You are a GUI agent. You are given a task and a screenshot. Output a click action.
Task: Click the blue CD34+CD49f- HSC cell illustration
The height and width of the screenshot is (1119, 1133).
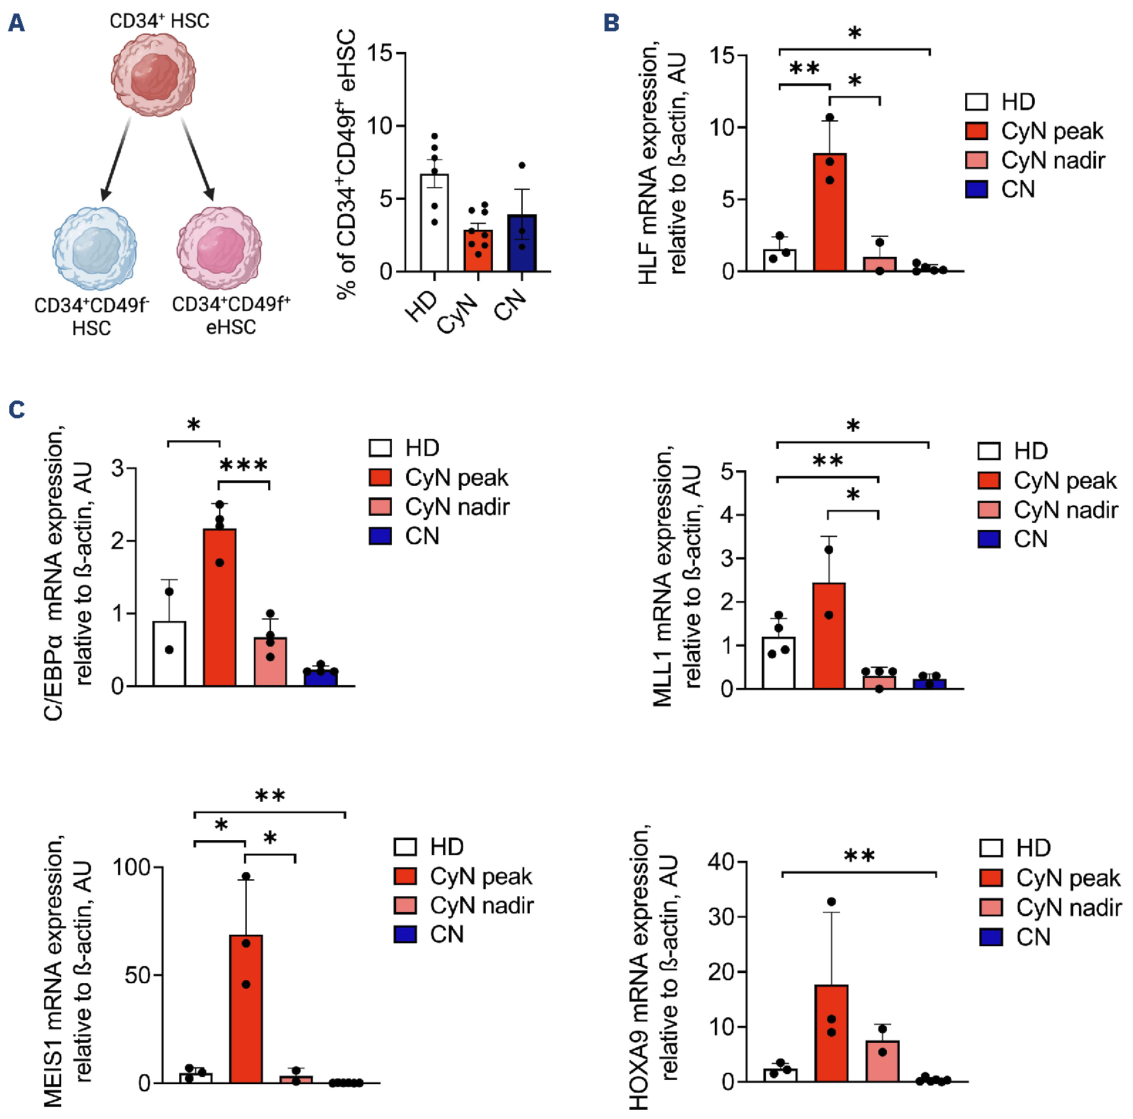[x=95, y=248]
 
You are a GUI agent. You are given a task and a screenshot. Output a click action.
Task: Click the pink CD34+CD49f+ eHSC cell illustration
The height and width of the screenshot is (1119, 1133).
[x=219, y=248]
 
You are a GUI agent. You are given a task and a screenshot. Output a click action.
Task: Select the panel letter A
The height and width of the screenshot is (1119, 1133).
[x=16, y=23]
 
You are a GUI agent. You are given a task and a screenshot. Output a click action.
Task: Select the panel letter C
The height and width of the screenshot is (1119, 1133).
[x=16, y=410]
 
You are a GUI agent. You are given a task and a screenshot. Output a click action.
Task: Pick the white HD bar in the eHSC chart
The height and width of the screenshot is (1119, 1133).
[x=435, y=223]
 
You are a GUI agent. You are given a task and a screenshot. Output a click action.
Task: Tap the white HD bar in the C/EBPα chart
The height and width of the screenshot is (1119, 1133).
[x=169, y=654]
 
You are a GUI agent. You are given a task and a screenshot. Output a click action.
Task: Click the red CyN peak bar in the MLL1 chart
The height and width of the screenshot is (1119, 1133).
[x=829, y=636]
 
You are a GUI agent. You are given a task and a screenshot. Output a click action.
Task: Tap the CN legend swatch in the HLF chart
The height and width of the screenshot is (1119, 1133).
[x=977, y=189]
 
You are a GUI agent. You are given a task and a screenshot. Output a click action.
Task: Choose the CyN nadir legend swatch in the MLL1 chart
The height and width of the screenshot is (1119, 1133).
[x=989, y=510]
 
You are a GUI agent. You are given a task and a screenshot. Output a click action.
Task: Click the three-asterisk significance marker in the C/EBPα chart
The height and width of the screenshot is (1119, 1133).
[x=244, y=466]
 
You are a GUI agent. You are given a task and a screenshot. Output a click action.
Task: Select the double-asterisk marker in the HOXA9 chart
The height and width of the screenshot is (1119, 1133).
[x=858, y=856]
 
